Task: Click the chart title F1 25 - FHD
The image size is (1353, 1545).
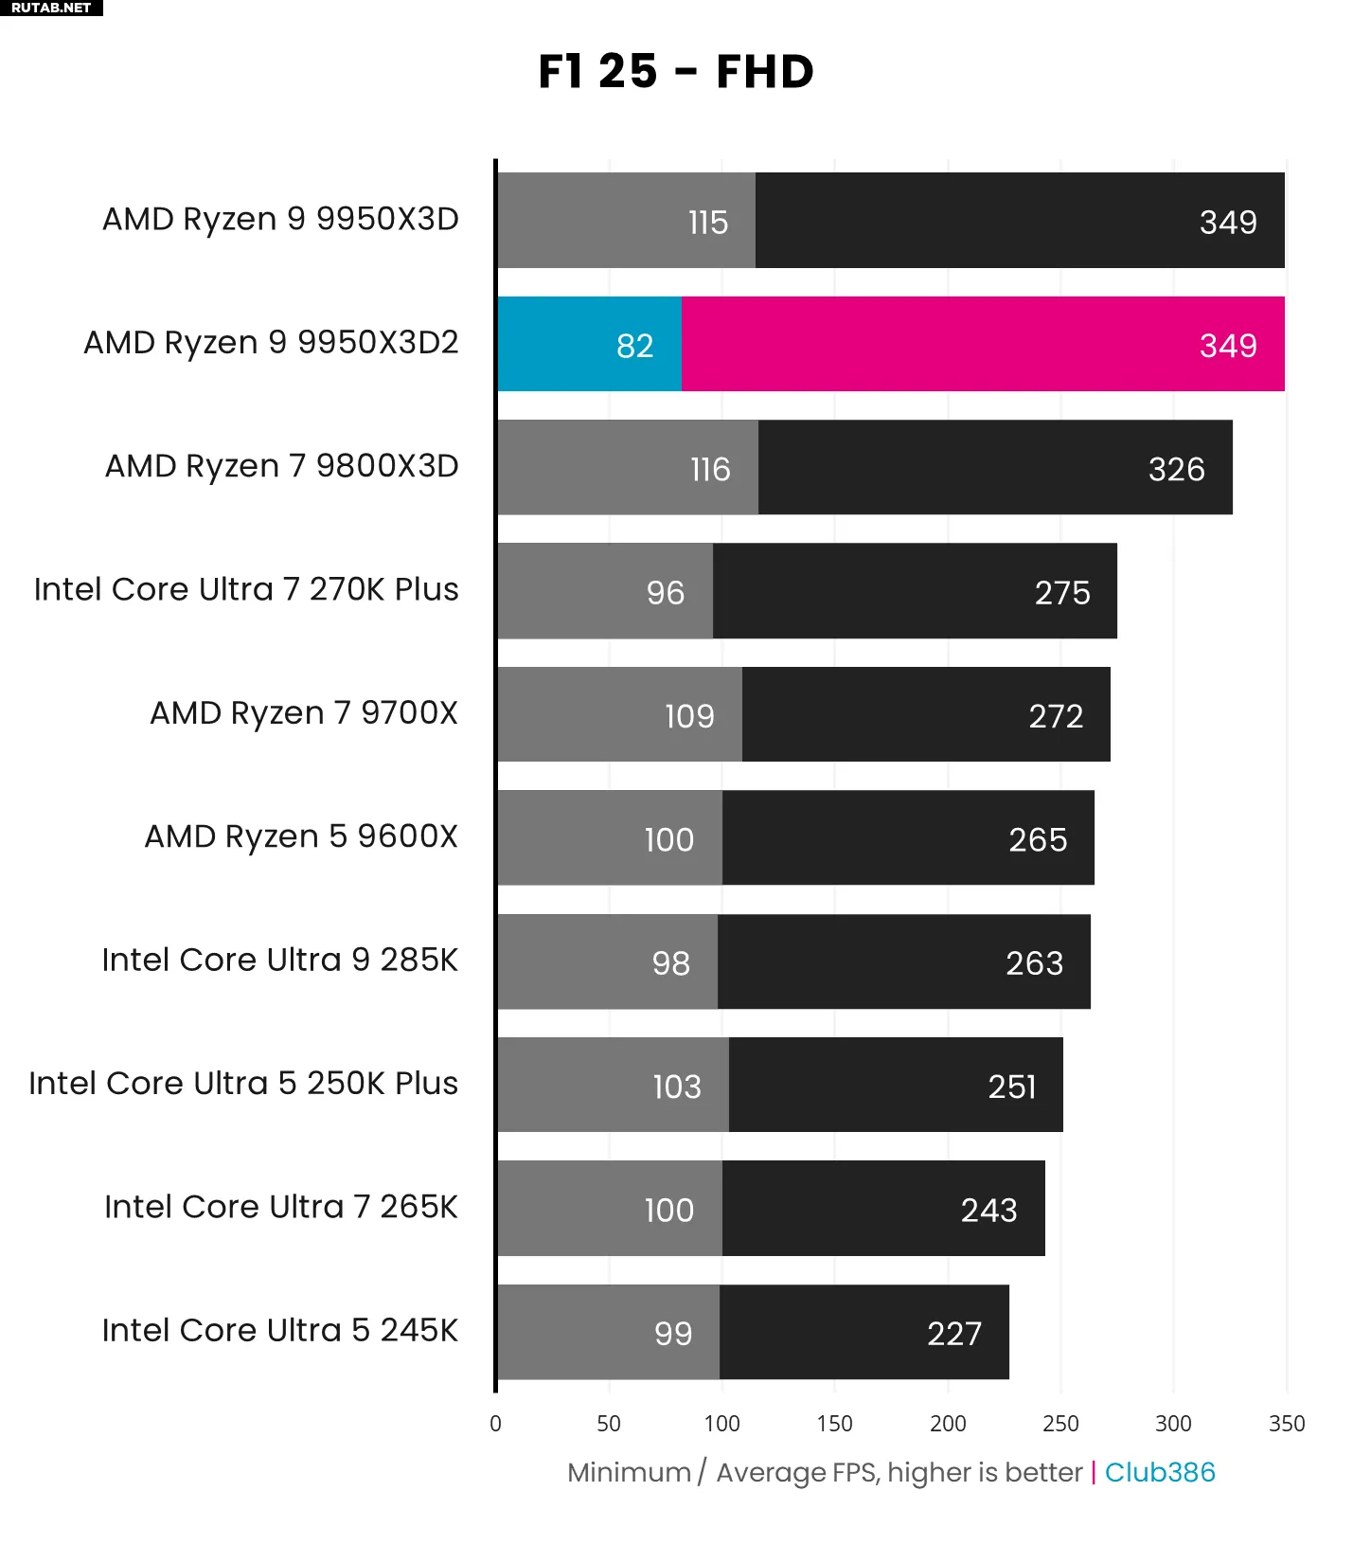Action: tap(676, 72)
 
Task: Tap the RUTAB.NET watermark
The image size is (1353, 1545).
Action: tap(51, 8)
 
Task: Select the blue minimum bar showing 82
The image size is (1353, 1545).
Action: tap(589, 344)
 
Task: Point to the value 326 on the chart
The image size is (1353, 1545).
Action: tap(1176, 469)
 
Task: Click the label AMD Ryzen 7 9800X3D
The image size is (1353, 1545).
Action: tap(281, 466)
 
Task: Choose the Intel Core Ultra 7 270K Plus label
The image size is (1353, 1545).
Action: tap(246, 589)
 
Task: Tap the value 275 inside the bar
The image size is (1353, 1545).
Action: tap(1062, 593)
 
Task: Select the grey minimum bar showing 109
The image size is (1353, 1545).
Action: tap(620, 714)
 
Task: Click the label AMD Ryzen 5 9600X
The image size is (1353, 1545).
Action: tap(301, 836)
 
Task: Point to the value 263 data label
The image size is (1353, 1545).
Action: tap(1034, 963)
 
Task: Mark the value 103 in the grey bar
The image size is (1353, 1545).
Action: tap(677, 1087)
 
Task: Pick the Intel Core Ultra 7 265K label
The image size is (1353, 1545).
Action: tap(281, 1207)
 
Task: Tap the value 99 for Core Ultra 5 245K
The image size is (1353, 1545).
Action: tap(673, 1334)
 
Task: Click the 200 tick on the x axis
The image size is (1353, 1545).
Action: tap(948, 1423)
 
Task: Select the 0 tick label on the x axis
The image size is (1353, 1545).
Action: tap(495, 1423)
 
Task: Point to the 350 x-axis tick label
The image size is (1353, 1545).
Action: tap(1287, 1423)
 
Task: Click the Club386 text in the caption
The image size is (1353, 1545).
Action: tap(1160, 1472)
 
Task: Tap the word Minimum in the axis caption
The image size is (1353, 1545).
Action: tap(629, 1472)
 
